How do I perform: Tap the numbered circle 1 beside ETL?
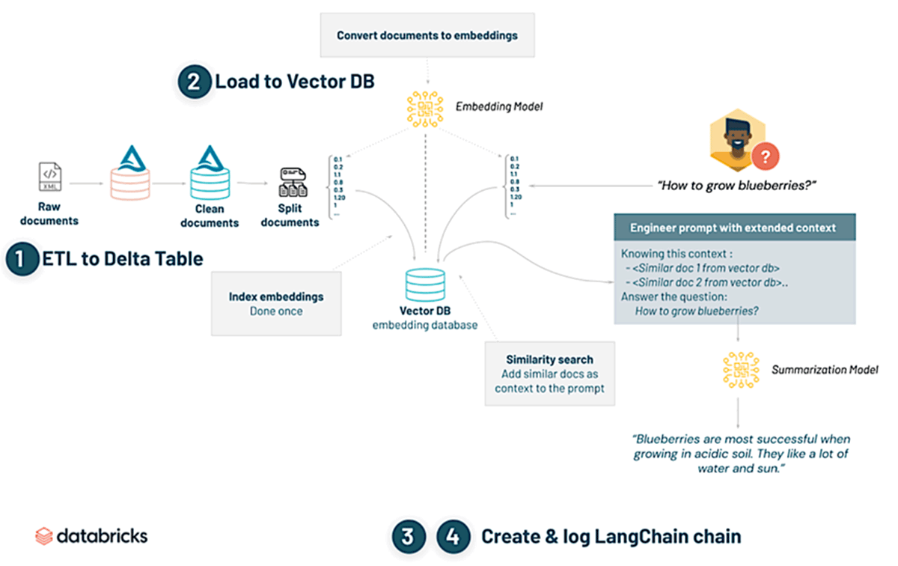[22, 260]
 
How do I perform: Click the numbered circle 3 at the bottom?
[407, 536]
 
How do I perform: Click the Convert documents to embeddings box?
[427, 35]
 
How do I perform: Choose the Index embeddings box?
[276, 303]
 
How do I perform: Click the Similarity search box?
[549, 374]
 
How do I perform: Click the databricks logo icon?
[45, 536]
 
